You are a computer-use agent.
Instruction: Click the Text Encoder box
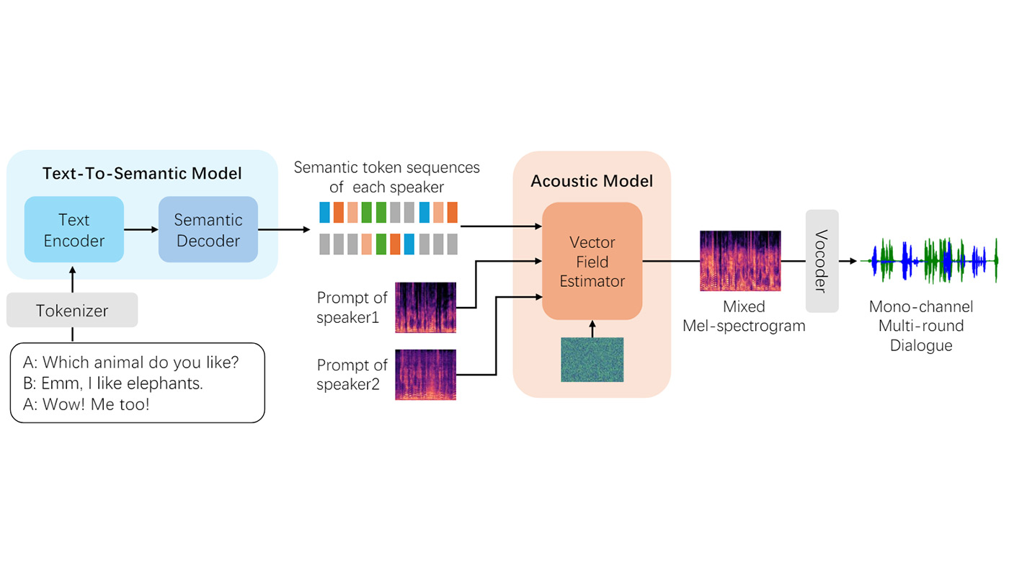pyautogui.click(x=74, y=230)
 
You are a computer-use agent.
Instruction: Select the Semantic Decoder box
pyautogui.click(x=208, y=230)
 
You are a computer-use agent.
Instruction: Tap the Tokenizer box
pyautogui.click(x=72, y=311)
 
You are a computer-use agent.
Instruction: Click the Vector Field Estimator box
pyautogui.click(x=592, y=262)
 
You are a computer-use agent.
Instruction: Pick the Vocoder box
pyautogui.click(x=822, y=261)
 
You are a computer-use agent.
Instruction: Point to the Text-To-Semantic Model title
pyautogui.click(x=142, y=174)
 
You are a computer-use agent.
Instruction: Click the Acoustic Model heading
pyautogui.click(x=592, y=181)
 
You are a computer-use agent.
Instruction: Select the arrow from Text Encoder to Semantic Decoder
pyautogui.click(x=141, y=230)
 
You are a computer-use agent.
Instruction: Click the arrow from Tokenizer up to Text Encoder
pyautogui.click(x=72, y=278)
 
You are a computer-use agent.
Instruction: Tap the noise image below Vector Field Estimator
pyautogui.click(x=592, y=360)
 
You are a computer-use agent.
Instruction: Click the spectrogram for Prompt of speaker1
pyautogui.click(x=425, y=308)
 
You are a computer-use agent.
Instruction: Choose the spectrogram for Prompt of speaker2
pyautogui.click(x=425, y=375)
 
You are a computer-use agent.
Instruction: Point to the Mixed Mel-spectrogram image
pyautogui.click(x=740, y=261)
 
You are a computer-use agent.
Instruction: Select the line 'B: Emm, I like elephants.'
pyautogui.click(x=113, y=383)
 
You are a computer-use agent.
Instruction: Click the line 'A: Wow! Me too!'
pyautogui.click(x=86, y=404)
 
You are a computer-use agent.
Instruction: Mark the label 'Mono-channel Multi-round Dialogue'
pyautogui.click(x=921, y=327)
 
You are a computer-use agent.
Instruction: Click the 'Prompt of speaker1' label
pyautogui.click(x=352, y=307)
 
